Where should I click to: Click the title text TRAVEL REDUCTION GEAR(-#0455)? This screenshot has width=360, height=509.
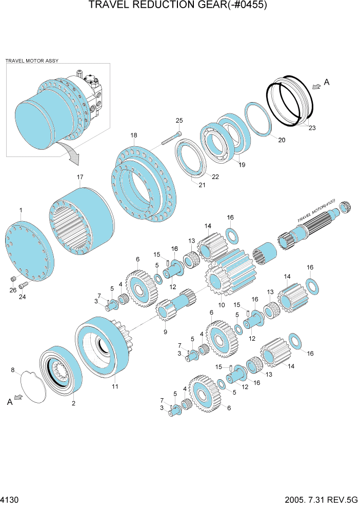click(178, 5)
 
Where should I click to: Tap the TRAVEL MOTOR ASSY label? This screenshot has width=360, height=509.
click(32, 61)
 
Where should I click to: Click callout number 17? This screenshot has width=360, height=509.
click(80, 177)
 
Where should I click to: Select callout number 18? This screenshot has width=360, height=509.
click(134, 135)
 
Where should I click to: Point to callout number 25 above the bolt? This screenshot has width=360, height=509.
click(179, 121)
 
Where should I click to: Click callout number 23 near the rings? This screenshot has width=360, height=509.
click(312, 128)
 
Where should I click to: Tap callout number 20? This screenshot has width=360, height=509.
click(282, 140)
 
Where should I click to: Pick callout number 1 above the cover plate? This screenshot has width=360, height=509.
click(21, 210)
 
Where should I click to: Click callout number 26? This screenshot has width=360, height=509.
click(13, 290)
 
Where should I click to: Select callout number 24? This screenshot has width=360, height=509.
click(22, 297)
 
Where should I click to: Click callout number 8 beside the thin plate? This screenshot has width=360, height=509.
click(13, 370)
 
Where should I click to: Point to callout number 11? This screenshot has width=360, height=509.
click(115, 386)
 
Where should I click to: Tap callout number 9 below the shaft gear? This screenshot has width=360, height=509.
click(166, 332)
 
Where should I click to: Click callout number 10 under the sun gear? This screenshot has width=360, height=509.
click(222, 305)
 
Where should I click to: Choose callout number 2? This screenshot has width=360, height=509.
click(74, 403)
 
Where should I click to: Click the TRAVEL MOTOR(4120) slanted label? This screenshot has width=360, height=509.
click(316, 211)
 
